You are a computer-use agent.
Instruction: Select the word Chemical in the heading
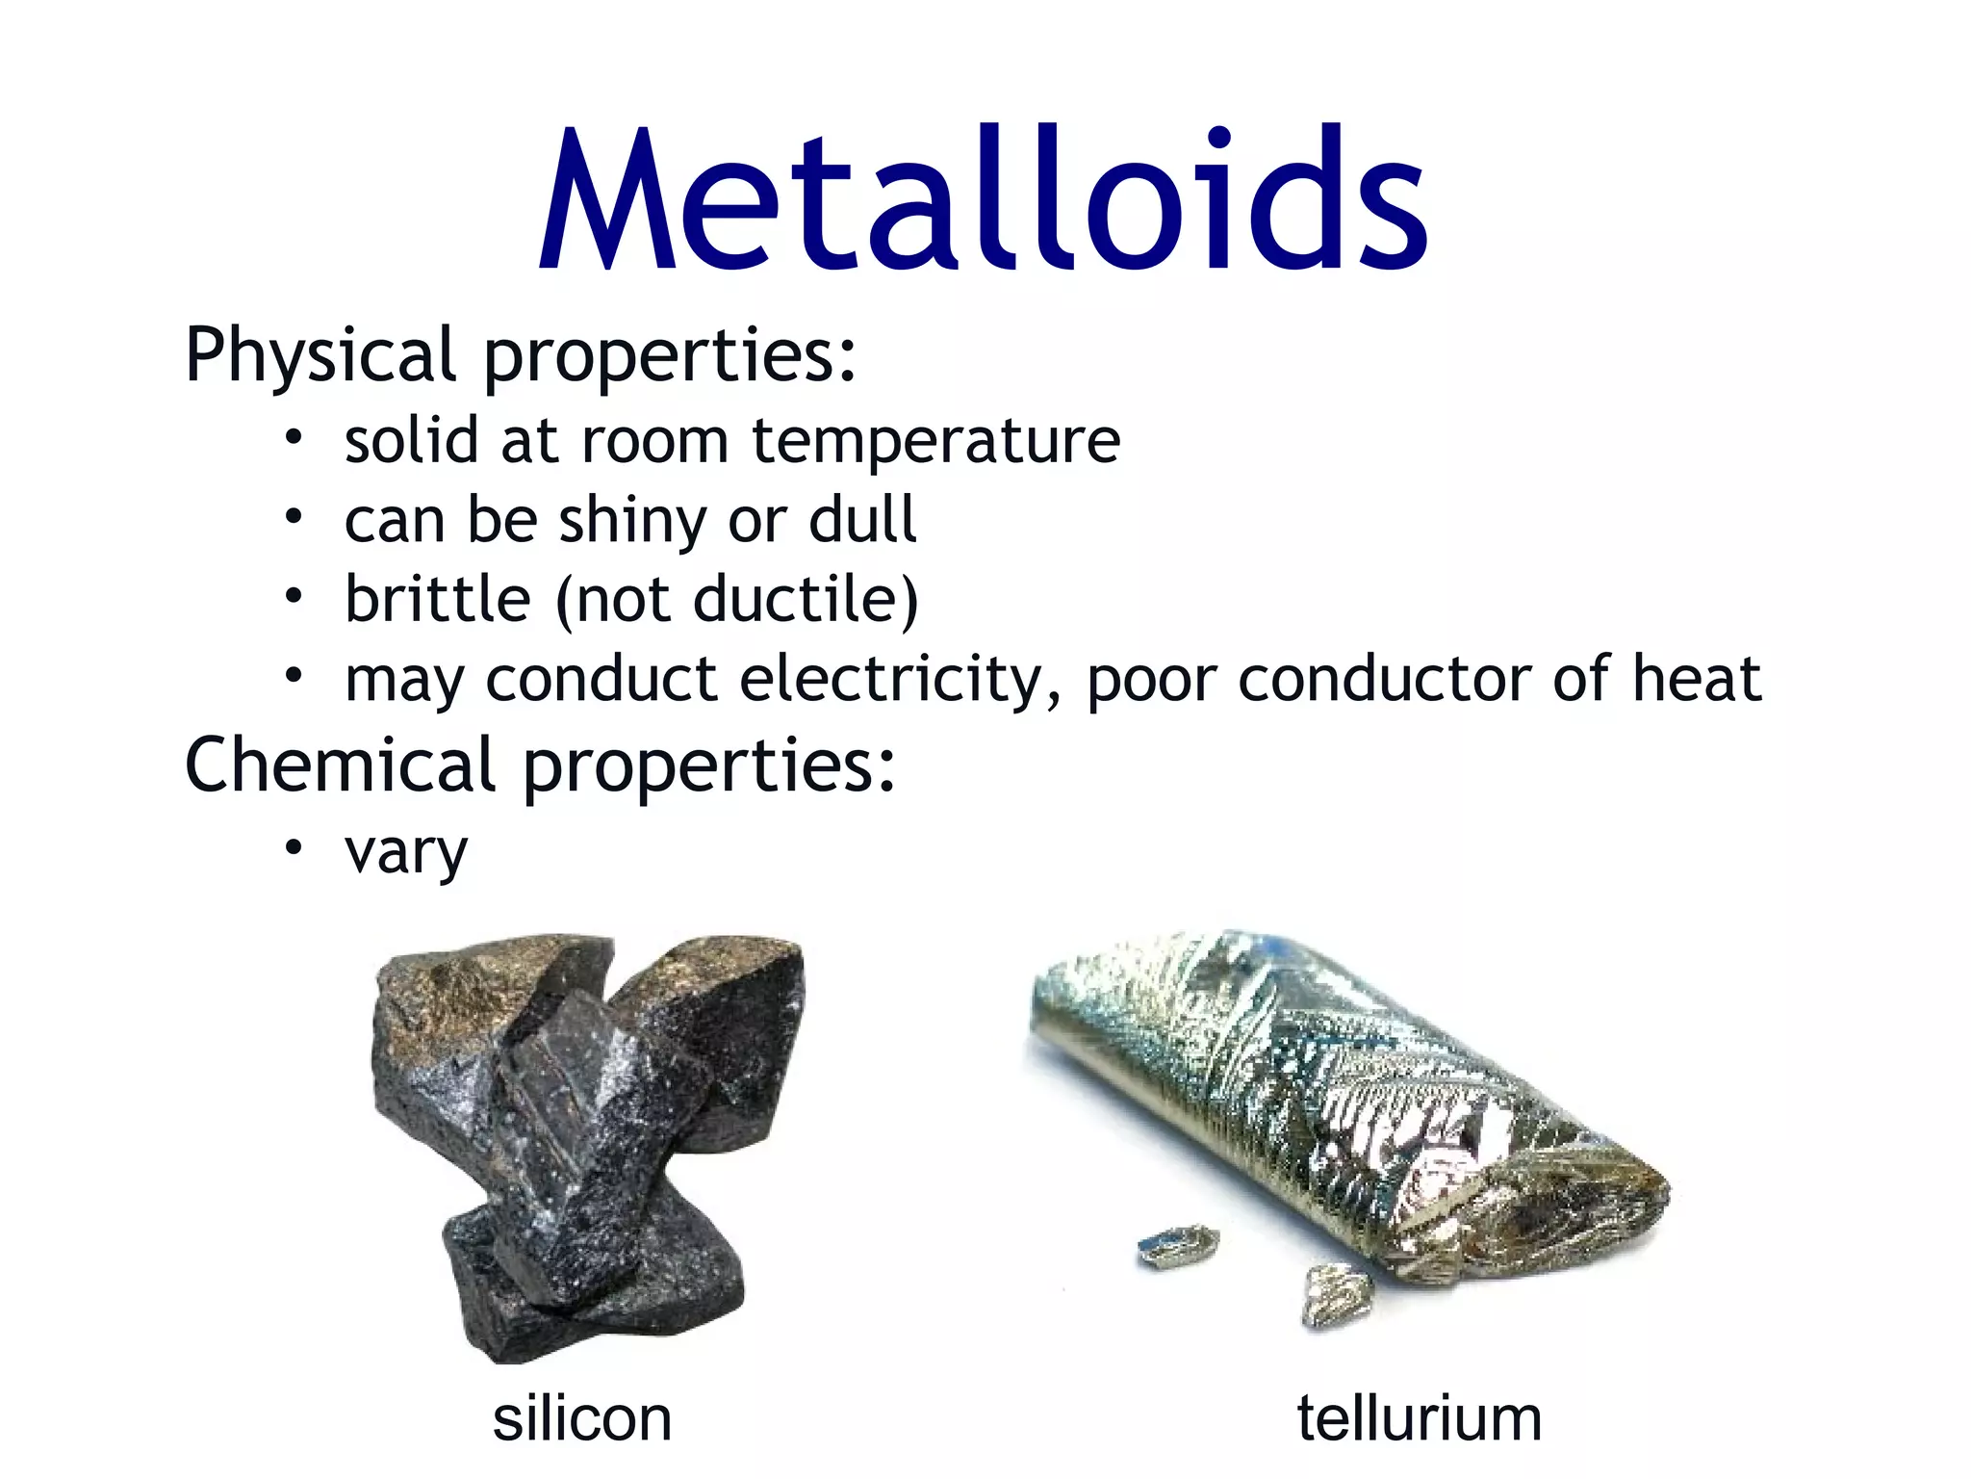coord(339,765)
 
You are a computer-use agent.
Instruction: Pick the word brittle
coord(438,600)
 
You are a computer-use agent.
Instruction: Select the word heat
coord(1697,679)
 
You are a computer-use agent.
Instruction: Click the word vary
coord(406,852)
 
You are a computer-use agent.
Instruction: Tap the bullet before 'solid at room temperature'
coord(294,439)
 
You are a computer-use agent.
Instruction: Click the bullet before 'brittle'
coord(294,598)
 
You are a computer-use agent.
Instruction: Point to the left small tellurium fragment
coord(1176,1246)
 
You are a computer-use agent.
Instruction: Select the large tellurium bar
coord(1347,1098)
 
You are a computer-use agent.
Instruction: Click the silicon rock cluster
coord(587,1136)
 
